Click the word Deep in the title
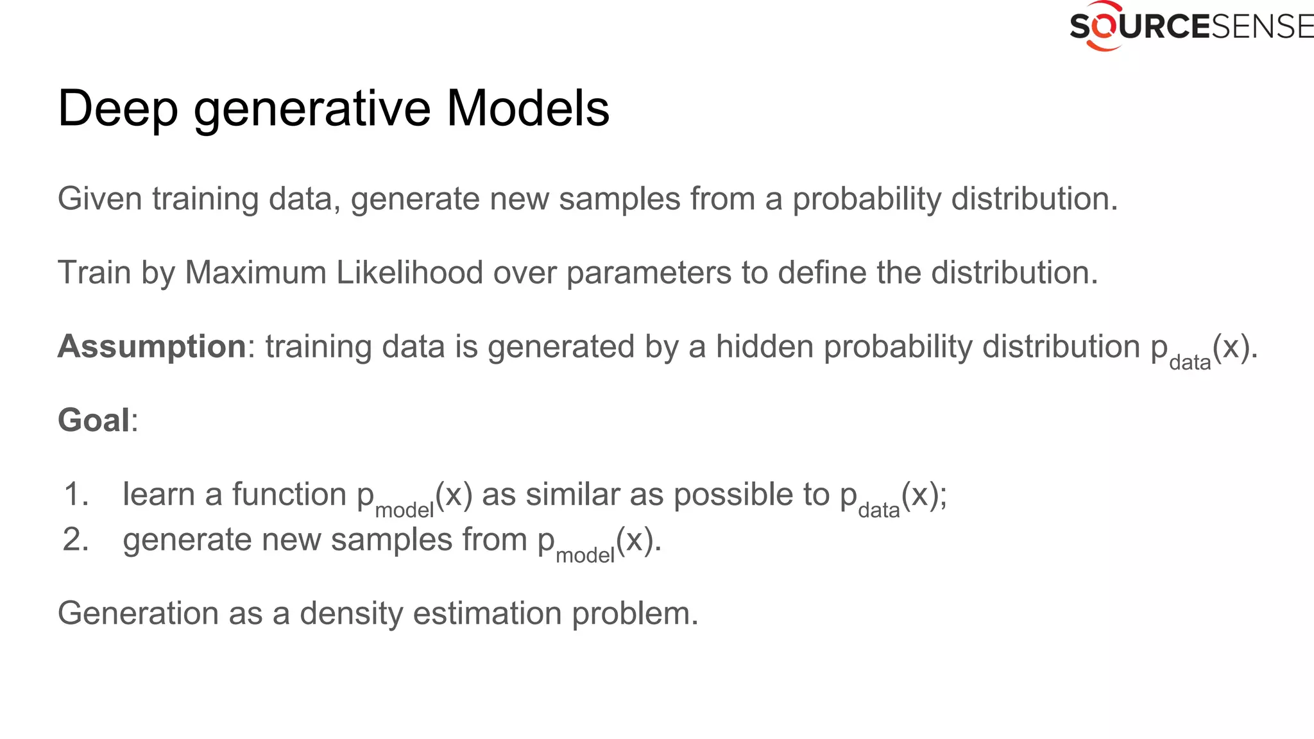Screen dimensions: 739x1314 [x=117, y=109]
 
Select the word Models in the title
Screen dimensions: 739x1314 [x=527, y=108]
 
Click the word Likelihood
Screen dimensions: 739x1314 [x=409, y=273]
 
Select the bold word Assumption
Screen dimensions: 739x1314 [x=151, y=347]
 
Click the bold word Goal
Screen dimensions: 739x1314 [x=94, y=421]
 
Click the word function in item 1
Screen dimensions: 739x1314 [x=289, y=495]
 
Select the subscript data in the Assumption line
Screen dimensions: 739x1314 [x=1190, y=363]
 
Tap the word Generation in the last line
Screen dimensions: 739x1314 [x=138, y=613]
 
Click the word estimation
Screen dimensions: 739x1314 [x=487, y=613]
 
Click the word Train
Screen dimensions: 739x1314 [x=94, y=273]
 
